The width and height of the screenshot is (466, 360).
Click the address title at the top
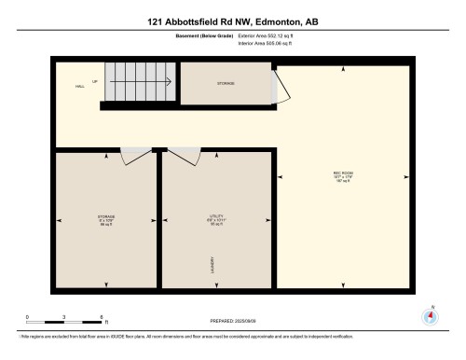(232, 21)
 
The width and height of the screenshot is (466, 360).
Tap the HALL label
(81, 86)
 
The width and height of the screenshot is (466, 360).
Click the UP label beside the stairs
(93, 80)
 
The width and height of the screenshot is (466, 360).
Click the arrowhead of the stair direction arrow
(171, 80)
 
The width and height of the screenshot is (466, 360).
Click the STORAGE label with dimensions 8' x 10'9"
(105, 220)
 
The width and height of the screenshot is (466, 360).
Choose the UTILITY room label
(217, 220)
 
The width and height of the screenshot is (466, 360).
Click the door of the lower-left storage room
(136, 153)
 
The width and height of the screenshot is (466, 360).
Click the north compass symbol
(430, 315)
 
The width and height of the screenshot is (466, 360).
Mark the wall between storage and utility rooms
(159, 220)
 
